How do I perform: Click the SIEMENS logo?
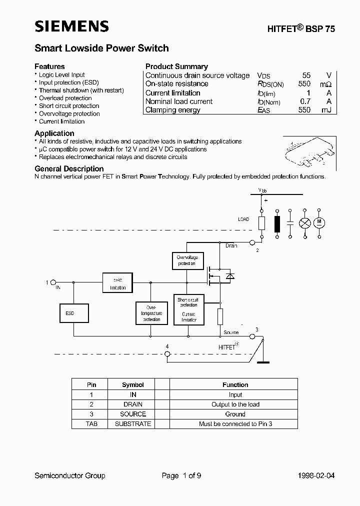71,26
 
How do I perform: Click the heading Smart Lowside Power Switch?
101,48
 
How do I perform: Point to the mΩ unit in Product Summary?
325,84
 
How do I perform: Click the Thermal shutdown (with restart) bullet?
81,90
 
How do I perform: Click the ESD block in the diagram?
74,313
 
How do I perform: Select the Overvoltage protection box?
186,260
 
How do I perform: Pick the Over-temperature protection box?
151,313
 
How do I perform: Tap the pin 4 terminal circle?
167,354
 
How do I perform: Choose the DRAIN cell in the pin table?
133,404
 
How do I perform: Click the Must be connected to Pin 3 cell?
235,424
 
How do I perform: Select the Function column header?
235,385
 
